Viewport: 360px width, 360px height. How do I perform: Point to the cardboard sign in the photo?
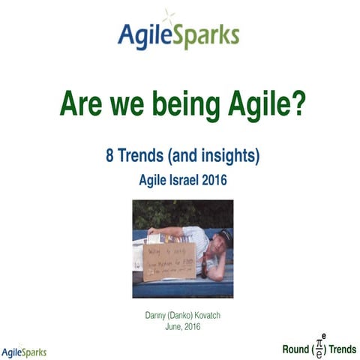click(169, 259)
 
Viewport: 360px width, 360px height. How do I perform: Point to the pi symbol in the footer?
click(319, 344)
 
